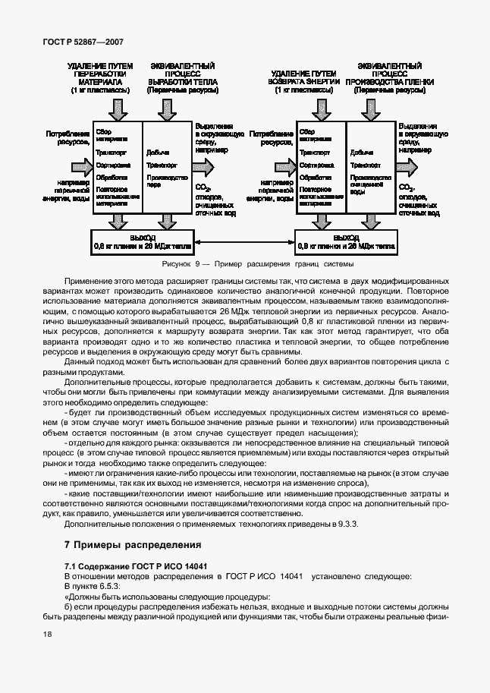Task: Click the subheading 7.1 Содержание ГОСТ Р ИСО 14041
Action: click(x=137, y=566)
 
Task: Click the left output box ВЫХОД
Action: click(x=142, y=241)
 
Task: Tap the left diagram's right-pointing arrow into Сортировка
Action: click(x=77, y=165)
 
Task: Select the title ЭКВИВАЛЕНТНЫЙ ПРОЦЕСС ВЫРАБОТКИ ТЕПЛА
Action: click(x=182, y=78)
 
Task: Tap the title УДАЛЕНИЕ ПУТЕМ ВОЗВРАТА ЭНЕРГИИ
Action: click(x=301, y=78)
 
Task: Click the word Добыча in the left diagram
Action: click(x=159, y=152)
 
